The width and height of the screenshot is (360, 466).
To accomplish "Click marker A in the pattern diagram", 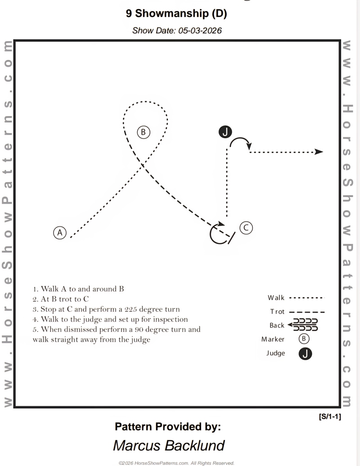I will [60, 233].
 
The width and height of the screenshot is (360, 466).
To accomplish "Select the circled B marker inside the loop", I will [143, 132].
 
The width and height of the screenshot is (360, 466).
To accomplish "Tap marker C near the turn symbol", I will [246, 228].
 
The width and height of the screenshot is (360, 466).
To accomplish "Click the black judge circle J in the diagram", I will [225, 132].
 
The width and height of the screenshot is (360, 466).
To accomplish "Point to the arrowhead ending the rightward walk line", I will [319, 152].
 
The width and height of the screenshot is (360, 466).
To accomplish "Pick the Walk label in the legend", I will [276, 298].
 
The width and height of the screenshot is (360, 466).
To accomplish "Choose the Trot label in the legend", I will [277, 312].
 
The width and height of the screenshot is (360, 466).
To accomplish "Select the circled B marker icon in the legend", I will [304, 339].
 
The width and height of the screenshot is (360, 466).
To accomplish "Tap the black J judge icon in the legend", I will [305, 354].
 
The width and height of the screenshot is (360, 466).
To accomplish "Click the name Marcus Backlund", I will [169, 445].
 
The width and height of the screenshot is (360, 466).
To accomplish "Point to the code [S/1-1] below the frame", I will [330, 417].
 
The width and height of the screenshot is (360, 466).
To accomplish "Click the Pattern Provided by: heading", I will [168, 426].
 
